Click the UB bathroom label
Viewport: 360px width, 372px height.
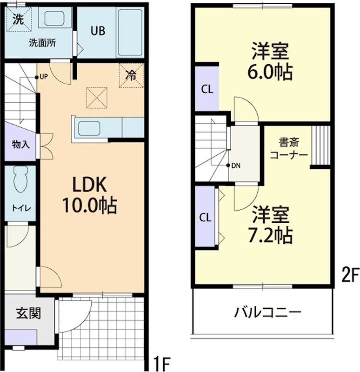tap(98, 31)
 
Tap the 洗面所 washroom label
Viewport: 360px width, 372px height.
tap(42, 43)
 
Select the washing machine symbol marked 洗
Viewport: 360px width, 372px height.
tap(18, 20)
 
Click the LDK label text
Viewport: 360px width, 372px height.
tap(89, 185)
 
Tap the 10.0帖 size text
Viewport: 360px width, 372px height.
tap(89, 205)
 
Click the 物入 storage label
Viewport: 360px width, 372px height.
tap(20, 144)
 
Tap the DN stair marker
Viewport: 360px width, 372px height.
tap(235, 166)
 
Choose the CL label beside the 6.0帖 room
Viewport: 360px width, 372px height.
tap(207, 90)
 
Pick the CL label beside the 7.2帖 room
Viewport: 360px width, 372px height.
tap(206, 217)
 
